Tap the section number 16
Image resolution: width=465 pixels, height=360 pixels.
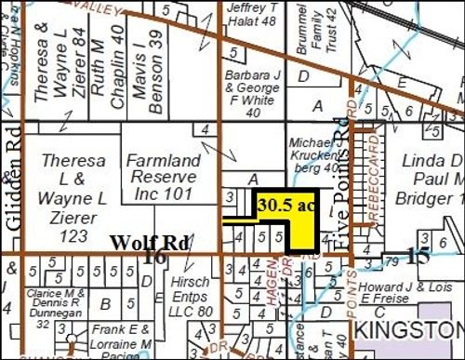click(x=156, y=257)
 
